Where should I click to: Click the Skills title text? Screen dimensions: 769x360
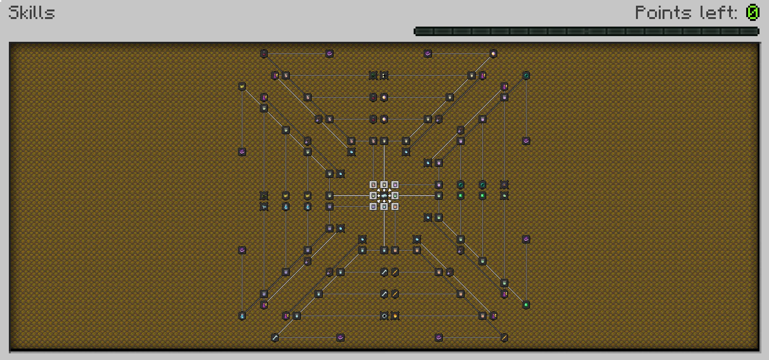(32, 13)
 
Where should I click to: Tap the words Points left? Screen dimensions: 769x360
(686, 13)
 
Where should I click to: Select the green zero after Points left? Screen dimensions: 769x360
(753, 13)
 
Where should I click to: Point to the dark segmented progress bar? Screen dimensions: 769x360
(586, 31)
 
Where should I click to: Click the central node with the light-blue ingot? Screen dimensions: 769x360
(384, 196)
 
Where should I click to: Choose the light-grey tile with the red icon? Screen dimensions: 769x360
(373, 185)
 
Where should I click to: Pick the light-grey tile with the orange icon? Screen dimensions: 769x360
(395, 207)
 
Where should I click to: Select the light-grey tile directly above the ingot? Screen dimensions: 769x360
(384, 185)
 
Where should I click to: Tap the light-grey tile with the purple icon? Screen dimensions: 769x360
(395, 185)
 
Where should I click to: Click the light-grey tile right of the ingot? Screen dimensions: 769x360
(395, 196)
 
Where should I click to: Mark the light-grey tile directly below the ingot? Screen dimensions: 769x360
(384, 207)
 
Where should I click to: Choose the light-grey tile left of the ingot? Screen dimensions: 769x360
(373, 196)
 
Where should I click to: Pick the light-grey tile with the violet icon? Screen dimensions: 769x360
(373, 207)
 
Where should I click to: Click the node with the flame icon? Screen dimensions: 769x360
(395, 316)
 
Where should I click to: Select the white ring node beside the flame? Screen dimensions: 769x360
(384, 316)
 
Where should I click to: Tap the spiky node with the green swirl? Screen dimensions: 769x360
(373, 76)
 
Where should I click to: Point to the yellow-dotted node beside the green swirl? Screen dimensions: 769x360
(384, 76)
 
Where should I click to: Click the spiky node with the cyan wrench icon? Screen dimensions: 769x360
(264, 207)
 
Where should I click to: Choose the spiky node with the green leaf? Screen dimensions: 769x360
(504, 196)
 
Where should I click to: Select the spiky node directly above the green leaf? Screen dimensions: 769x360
(504, 185)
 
